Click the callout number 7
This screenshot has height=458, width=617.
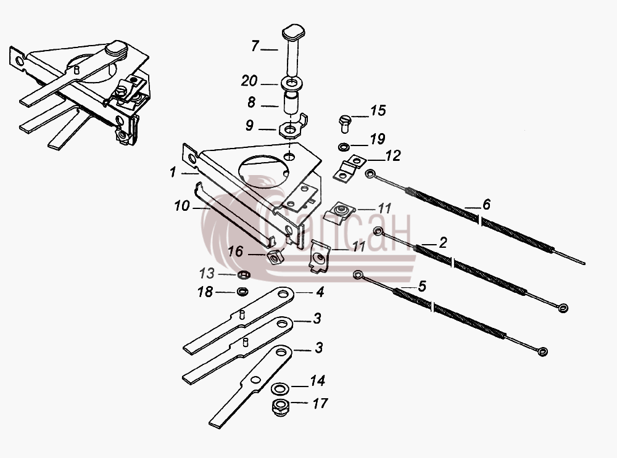coord(255,46)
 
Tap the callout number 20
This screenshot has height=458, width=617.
coord(249,81)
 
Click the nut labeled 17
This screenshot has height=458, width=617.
coord(280,407)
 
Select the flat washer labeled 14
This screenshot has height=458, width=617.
coord(280,388)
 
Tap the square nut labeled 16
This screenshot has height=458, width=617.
coord(276,256)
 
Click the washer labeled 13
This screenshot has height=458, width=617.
coord(244,274)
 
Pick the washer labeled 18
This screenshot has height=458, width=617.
coord(242,292)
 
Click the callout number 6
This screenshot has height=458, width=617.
coord(486,205)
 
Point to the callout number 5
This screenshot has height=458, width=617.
coord(422,286)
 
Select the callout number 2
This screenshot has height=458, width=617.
coord(443,243)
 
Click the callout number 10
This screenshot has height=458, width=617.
coord(182,206)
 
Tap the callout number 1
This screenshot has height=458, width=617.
coord(172,172)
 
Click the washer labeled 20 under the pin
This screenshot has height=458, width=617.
coord(292,83)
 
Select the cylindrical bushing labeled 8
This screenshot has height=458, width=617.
coord(292,104)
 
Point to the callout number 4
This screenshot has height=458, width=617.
coord(320,292)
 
